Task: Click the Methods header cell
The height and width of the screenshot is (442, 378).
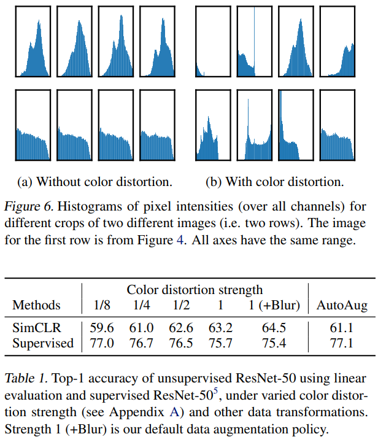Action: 37,304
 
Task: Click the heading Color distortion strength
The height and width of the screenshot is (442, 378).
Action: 195,289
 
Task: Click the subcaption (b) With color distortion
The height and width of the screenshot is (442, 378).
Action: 274,182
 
